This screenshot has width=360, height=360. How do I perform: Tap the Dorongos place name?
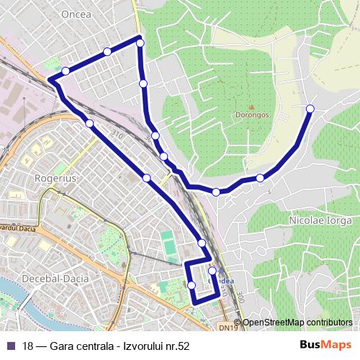tap(251, 114)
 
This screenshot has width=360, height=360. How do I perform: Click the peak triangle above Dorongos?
tap(251, 104)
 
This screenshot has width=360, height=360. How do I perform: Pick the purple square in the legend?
tap(10, 346)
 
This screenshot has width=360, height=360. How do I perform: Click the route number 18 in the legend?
tap(28, 346)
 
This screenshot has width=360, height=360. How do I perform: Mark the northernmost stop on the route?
tap(140, 43)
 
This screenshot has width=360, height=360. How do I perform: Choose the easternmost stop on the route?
tap(310, 109)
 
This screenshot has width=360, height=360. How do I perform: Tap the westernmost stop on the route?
tap(66, 71)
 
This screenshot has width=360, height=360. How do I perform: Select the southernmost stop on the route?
tap(192, 286)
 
